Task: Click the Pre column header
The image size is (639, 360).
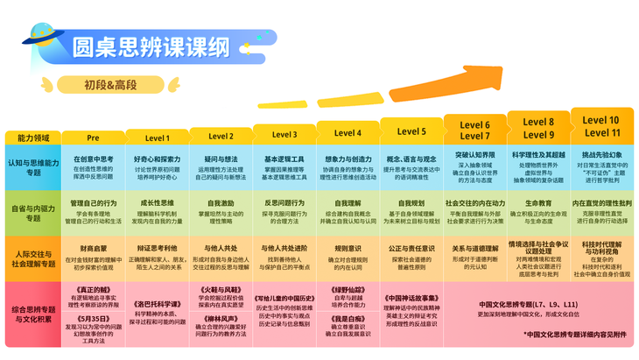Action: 94,138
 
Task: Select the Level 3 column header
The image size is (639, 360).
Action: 284,135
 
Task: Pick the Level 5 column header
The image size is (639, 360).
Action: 411,131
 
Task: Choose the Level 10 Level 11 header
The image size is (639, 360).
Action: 601,126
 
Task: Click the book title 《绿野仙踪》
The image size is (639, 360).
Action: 348,289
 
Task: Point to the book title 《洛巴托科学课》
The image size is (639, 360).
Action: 158,304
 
